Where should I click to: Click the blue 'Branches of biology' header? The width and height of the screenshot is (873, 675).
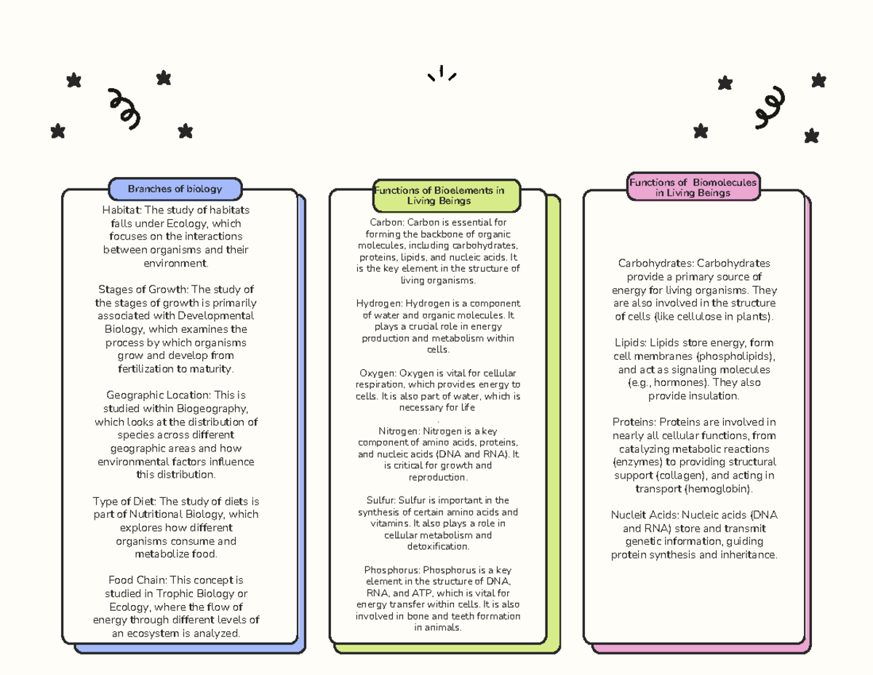click(175, 189)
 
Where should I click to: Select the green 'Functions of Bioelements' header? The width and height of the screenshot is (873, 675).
click(447, 196)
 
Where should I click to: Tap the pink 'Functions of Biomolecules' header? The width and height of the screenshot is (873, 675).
click(693, 187)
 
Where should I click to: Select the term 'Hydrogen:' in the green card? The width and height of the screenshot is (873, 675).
click(379, 304)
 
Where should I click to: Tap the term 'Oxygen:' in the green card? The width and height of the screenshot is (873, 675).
click(378, 373)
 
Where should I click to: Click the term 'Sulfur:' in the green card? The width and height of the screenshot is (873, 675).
click(381, 500)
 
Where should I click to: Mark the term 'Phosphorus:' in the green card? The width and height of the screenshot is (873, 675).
click(392, 570)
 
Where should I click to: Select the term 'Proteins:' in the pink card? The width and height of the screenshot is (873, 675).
click(634, 422)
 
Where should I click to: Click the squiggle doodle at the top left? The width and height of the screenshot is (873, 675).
click(124, 109)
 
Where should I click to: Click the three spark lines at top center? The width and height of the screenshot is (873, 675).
click(442, 73)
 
